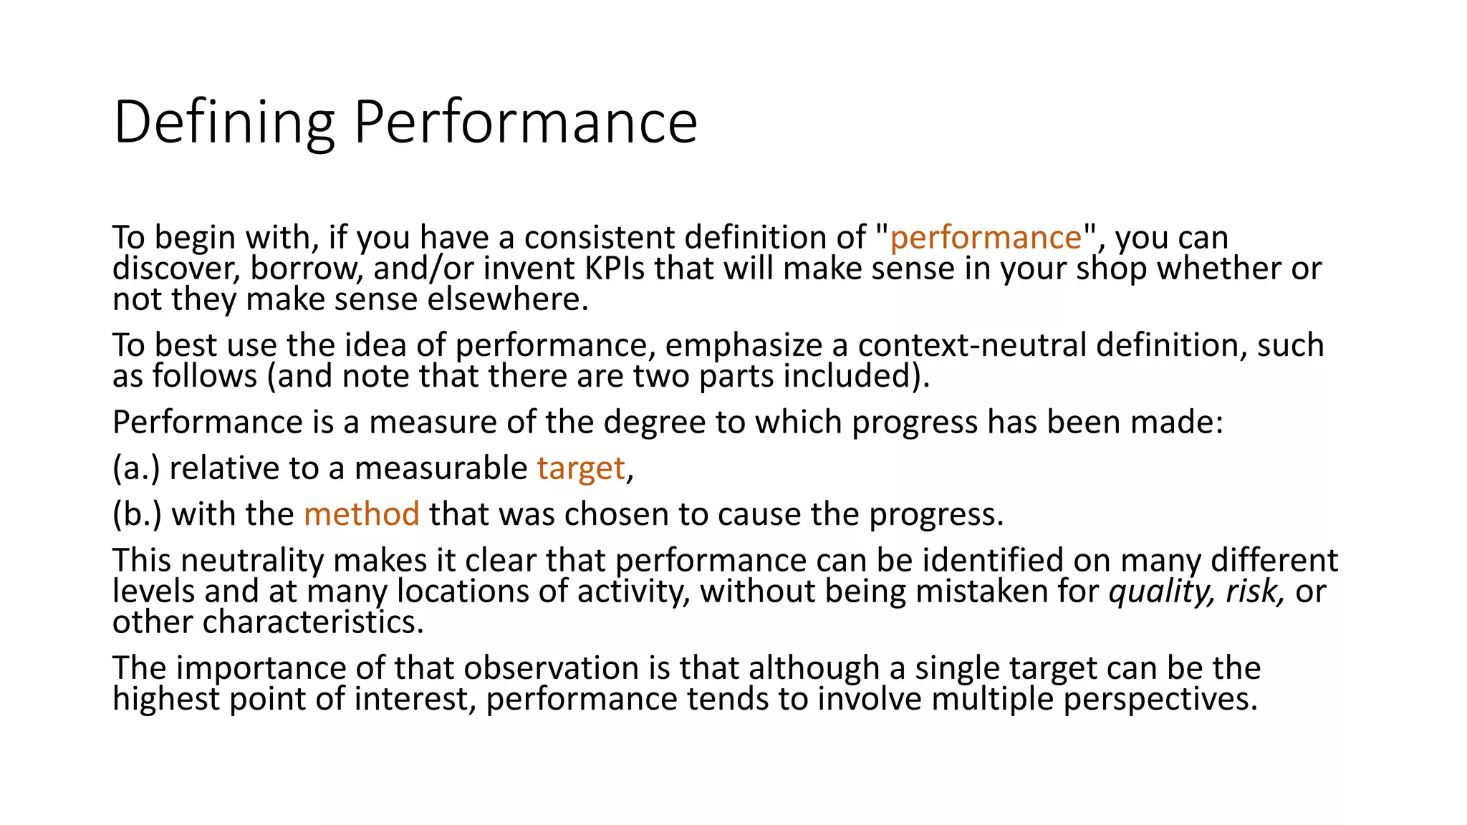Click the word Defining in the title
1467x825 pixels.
pos(224,123)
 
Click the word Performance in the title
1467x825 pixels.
pos(525,123)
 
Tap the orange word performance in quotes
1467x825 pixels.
pos(985,238)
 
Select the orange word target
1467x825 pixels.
pos(581,469)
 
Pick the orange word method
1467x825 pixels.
pos(361,515)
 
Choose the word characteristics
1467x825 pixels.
pos(313,622)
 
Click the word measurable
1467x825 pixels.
pos(441,469)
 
